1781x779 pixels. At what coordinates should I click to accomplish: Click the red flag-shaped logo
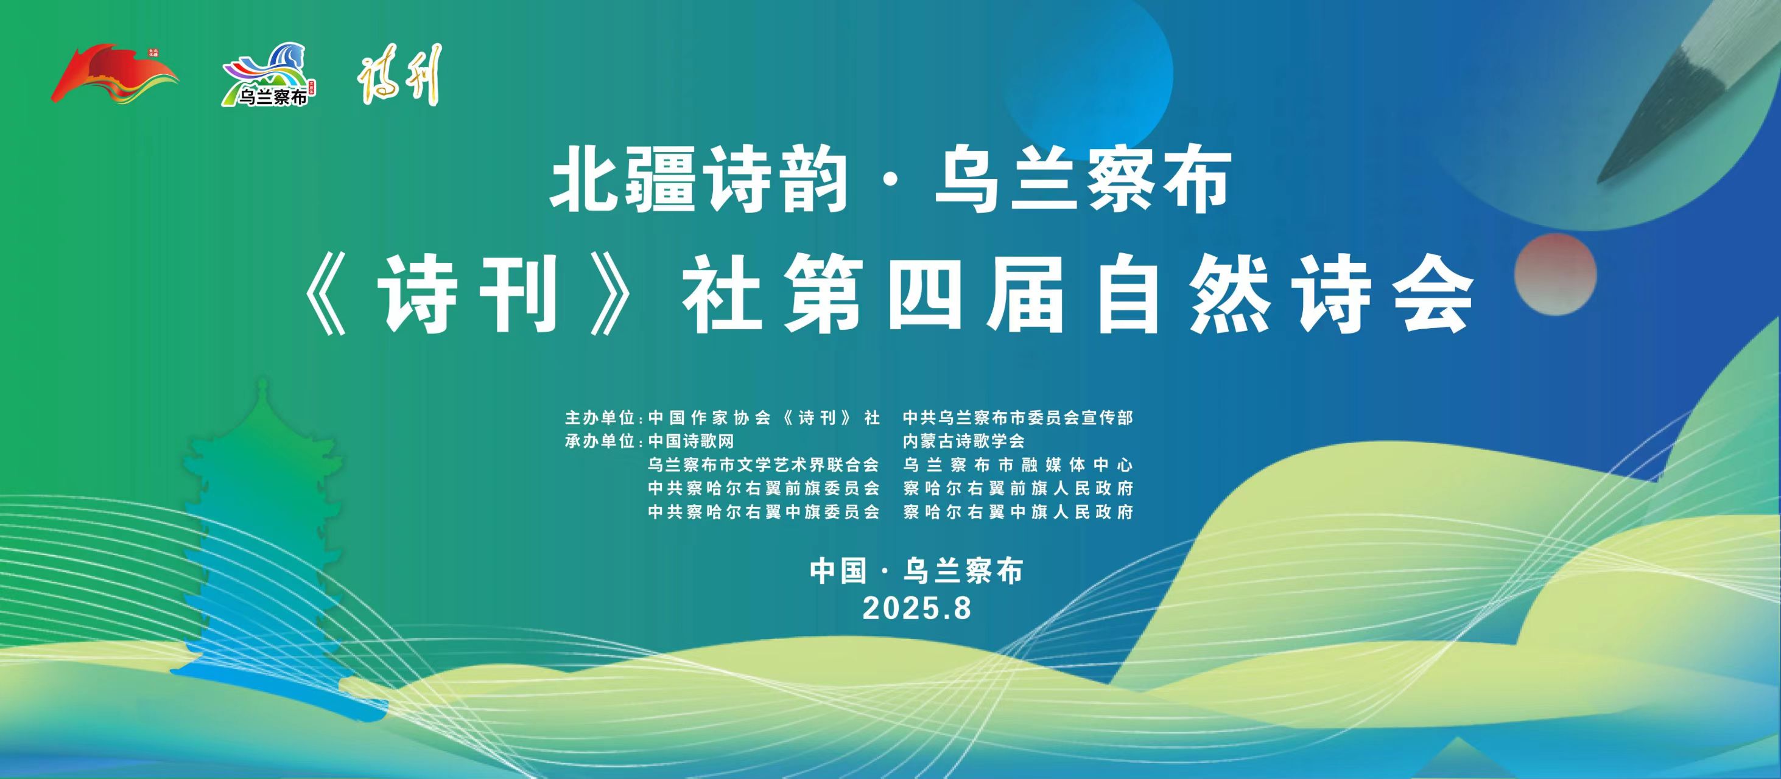tap(114, 74)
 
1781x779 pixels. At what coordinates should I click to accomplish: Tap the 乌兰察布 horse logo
tap(269, 75)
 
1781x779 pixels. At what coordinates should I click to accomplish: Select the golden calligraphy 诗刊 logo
tap(399, 75)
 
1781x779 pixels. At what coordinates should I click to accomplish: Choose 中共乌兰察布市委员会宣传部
tap(1017, 418)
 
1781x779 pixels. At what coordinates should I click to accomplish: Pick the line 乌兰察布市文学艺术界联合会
tap(764, 464)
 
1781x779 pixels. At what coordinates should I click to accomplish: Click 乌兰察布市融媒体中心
tap(1017, 464)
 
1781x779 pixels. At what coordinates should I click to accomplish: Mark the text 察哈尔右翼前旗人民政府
tap(1017, 488)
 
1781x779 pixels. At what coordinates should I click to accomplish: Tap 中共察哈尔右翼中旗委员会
tap(764, 511)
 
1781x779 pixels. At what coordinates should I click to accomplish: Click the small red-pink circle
tap(1556, 274)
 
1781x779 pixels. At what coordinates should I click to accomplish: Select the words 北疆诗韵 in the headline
tap(699, 181)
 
